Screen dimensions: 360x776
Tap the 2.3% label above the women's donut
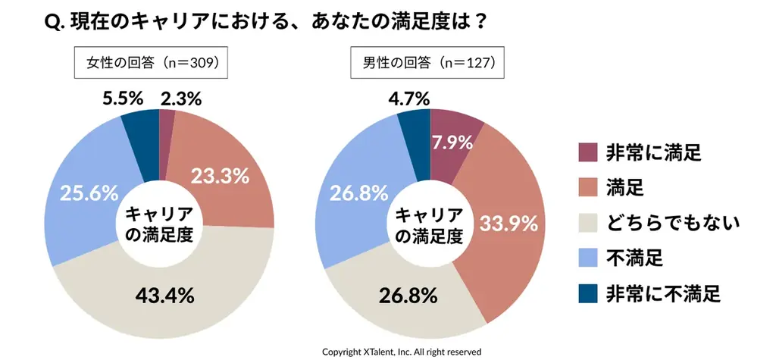[180, 99]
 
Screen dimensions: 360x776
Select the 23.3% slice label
[219, 177]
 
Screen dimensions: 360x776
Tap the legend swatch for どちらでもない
[588, 222]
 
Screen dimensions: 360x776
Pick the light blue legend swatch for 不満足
[588, 258]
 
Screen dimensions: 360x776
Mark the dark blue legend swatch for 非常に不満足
[588, 293]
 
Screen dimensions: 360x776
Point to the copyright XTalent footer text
[402, 352]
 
